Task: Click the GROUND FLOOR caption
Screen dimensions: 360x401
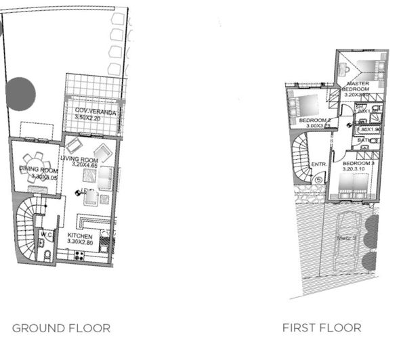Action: pyautogui.click(x=61, y=328)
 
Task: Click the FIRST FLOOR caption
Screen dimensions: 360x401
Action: pyautogui.click(x=322, y=328)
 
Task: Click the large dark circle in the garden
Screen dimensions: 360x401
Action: pyautogui.click(x=20, y=93)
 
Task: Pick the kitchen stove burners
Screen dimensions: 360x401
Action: pyautogui.click(x=79, y=256)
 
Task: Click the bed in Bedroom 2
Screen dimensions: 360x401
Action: pyautogui.click(x=303, y=105)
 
